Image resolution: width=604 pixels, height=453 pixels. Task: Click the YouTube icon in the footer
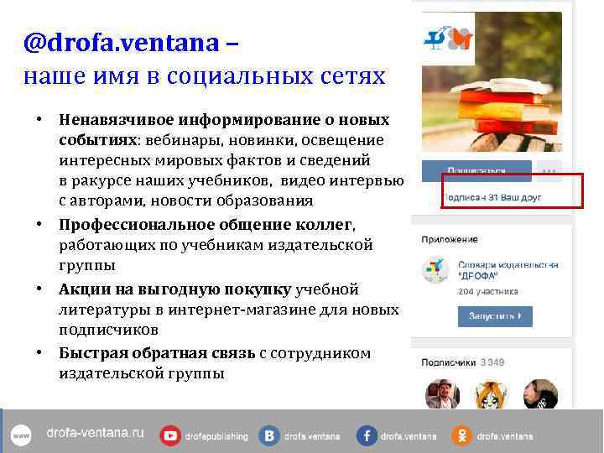coord(171,435)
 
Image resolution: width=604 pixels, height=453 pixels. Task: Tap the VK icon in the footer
coord(269,435)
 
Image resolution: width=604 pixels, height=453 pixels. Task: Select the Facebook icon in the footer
coord(367,435)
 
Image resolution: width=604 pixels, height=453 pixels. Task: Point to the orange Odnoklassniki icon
coord(462,435)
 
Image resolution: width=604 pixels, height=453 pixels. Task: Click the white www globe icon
coord(21,435)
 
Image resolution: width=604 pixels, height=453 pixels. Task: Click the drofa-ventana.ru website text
coord(95,434)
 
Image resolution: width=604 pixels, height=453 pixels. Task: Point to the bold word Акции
coord(82,289)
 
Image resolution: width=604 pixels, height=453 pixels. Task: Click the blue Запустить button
coord(494,315)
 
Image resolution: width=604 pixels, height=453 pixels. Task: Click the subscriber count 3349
coord(492,363)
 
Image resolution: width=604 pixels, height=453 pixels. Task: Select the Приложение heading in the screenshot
coord(445,239)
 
